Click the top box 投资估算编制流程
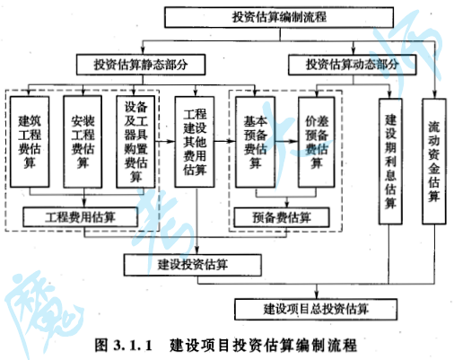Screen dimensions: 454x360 point(279,17)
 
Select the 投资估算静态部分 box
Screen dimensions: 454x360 point(141,65)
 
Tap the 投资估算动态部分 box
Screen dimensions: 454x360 point(352,65)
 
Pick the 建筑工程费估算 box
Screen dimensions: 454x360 point(30,142)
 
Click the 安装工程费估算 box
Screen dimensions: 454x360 point(83,142)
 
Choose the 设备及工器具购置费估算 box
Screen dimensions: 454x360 point(135,142)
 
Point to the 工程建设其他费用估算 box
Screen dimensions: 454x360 point(195,142)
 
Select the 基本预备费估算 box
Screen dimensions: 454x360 point(255,142)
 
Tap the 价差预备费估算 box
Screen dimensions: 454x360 point(317,142)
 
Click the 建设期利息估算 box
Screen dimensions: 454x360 point(390,162)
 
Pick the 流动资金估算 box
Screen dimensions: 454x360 point(434,162)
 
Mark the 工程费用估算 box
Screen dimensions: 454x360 point(81,217)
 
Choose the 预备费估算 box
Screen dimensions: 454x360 point(282,217)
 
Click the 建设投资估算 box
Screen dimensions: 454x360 point(193,265)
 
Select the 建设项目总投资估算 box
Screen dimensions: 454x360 point(316,309)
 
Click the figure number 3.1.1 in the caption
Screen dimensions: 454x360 point(133,346)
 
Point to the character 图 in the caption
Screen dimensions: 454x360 point(101,346)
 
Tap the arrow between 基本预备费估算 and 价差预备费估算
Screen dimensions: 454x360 point(286,141)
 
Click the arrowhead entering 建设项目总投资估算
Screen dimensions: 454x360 point(317,295)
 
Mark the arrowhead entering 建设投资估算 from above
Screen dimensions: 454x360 point(196,250)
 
